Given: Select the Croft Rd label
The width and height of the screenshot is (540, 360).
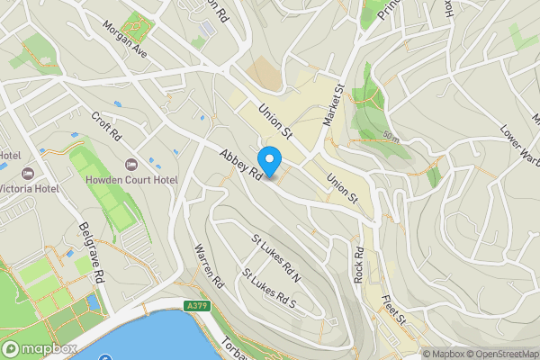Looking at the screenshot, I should [x=106, y=127].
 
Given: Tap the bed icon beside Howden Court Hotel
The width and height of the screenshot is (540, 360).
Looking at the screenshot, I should [x=132, y=166].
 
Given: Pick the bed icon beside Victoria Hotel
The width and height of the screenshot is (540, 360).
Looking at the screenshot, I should [x=24, y=171].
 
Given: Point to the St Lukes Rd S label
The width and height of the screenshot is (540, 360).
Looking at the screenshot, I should [x=268, y=288].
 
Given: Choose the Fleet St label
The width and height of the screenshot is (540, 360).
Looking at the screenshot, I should [x=394, y=310].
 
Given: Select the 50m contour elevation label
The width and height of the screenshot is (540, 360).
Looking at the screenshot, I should [x=390, y=137].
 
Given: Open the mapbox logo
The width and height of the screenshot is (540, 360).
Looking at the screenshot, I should [x=40, y=348].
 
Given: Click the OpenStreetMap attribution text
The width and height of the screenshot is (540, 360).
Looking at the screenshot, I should [x=497, y=354].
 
